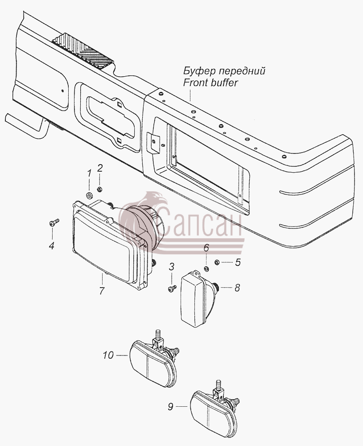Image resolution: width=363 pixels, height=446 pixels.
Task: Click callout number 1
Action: [x=89, y=173]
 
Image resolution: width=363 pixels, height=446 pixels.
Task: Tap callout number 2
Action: [x=99, y=169]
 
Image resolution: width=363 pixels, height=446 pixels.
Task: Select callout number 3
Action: [x=171, y=267]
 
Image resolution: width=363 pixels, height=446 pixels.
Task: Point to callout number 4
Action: [x=51, y=245]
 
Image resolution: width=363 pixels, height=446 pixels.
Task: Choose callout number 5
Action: [x=238, y=262]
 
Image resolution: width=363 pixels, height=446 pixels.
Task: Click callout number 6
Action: [x=206, y=248]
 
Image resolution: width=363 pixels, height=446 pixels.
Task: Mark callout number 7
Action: [x=102, y=291]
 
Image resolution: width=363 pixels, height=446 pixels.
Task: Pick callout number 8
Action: [x=237, y=288]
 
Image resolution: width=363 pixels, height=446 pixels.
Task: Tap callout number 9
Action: [x=170, y=407]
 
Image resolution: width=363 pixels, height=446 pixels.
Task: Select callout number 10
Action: [x=108, y=355]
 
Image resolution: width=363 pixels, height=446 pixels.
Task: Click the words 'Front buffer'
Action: [x=210, y=83]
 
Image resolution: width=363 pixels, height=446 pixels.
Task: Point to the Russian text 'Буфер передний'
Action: [x=224, y=70]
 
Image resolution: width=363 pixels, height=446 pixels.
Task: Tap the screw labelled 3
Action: [x=172, y=289]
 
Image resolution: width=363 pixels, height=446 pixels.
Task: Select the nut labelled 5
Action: [x=217, y=262]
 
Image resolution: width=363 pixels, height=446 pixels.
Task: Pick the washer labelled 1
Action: [x=89, y=195]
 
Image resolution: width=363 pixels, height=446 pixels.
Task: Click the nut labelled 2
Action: [x=99, y=189]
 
